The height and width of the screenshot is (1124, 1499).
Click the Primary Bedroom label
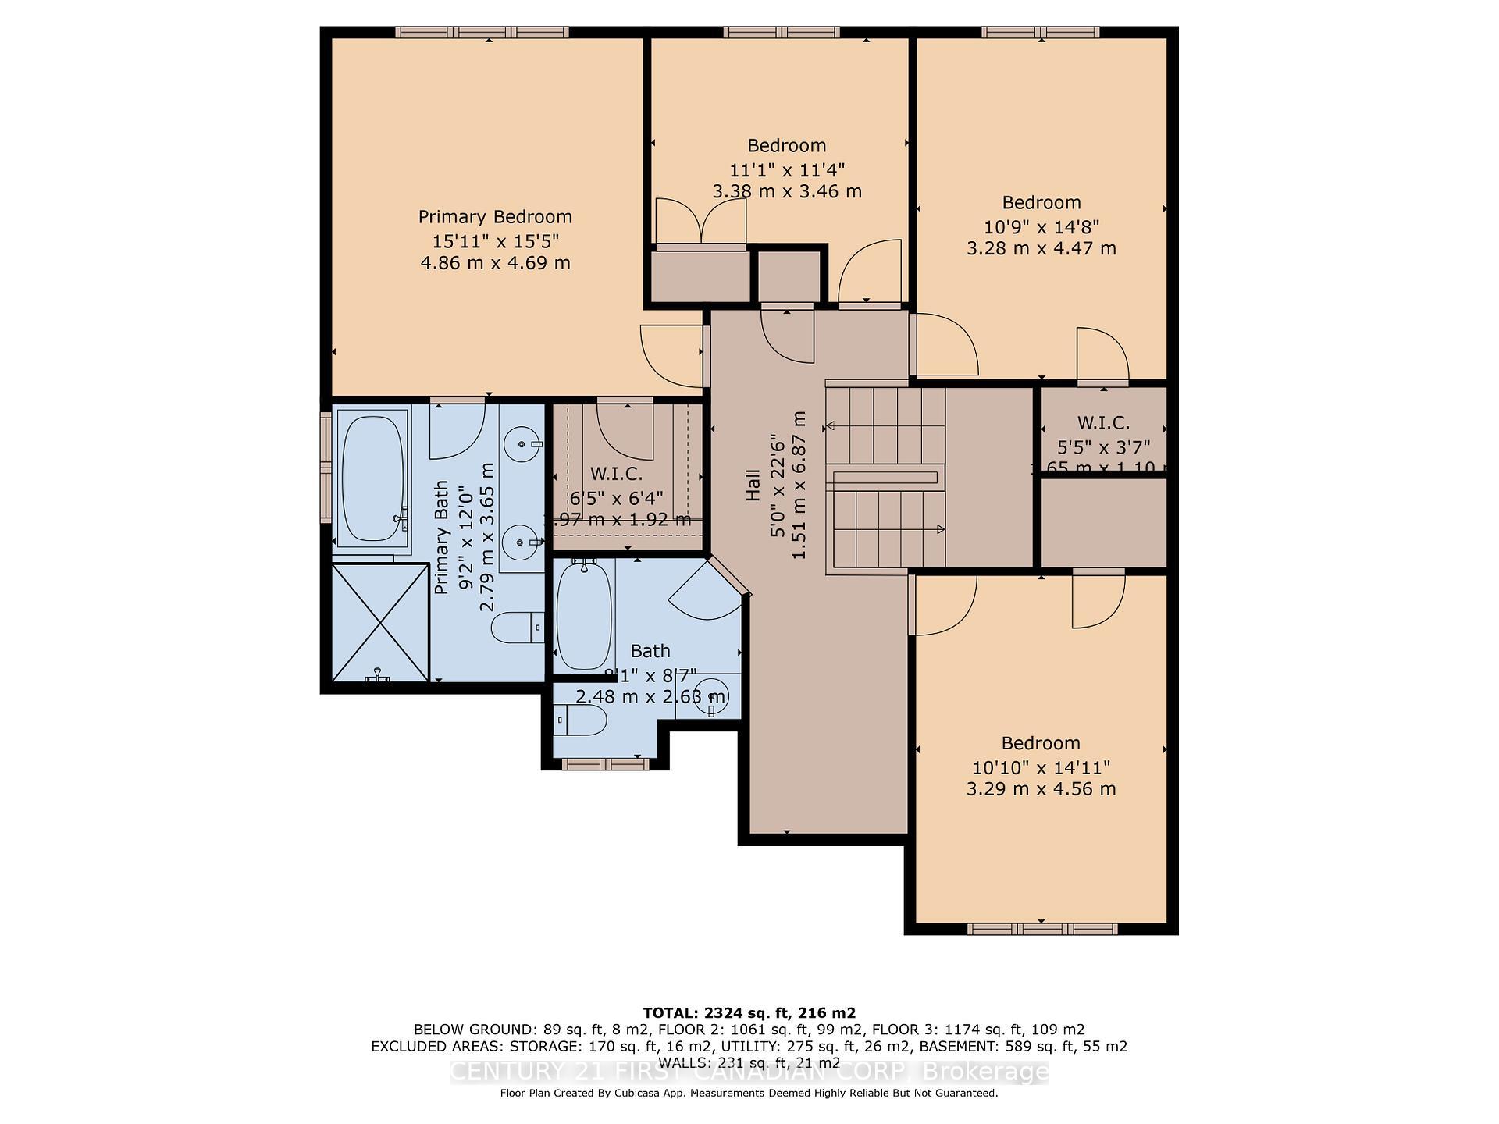point(495,217)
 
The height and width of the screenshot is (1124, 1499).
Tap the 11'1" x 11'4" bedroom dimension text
point(787,170)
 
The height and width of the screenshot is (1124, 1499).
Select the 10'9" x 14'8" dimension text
point(1041,227)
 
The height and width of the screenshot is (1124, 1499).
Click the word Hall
point(753,485)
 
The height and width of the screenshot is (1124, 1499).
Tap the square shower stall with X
point(381,622)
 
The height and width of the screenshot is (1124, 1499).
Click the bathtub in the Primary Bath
point(372,479)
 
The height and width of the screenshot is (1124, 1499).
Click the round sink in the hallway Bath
point(711,696)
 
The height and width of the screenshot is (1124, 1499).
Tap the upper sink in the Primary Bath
point(521,445)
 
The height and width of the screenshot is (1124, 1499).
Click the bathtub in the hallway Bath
point(583,617)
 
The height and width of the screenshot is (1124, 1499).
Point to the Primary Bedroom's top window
point(482,33)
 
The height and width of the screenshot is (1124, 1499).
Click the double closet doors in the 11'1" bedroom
point(700,222)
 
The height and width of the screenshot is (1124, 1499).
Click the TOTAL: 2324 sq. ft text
point(749,1013)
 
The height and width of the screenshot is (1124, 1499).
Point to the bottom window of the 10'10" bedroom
point(1041,929)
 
